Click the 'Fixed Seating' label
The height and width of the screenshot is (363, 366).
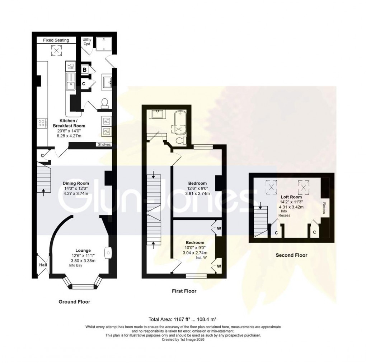click(x=56, y=40)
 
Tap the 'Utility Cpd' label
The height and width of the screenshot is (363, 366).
click(x=86, y=42)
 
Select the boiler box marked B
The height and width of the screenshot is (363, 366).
click(x=85, y=70)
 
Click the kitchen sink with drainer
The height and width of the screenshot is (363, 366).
click(x=70, y=82)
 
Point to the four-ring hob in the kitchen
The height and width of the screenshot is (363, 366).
click(x=42, y=124)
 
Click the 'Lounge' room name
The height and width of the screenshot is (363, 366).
click(x=83, y=250)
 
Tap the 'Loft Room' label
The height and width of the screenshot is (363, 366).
click(x=291, y=197)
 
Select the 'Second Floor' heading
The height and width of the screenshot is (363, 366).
click(x=291, y=255)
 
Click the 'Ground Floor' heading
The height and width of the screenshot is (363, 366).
click(x=74, y=302)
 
